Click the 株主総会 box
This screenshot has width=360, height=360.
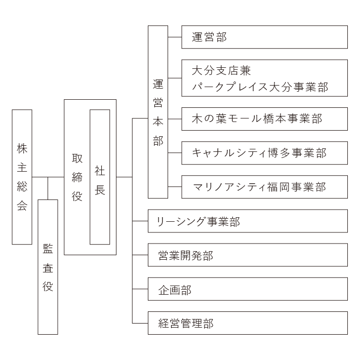tap(22, 177)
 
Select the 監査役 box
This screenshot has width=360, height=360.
tap(48, 267)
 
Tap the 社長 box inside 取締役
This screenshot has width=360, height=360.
tap(100, 177)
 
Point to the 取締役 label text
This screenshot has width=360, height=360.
tap(77, 178)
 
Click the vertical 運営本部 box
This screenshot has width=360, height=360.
tap(158, 112)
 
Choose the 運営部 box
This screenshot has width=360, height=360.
tap(265, 37)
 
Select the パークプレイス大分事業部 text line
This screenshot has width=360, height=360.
tap(260, 87)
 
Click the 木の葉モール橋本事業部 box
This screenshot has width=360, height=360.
tap(265, 119)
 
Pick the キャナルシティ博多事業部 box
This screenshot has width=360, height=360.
tap(265, 153)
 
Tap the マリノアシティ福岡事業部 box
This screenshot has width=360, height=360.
tap(265, 187)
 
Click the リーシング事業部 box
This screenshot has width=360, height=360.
tap(248, 221)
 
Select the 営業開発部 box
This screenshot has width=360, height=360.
tap(248, 255)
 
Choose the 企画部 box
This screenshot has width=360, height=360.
tap(248, 289)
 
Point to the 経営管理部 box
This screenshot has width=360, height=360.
tap(248, 323)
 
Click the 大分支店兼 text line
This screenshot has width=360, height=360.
tap(221, 70)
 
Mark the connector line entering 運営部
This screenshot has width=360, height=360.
tap(175, 37)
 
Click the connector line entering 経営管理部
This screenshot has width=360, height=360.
tap(140, 323)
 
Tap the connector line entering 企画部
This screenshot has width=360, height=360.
tap(140, 289)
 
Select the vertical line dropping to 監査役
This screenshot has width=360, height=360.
tap(48, 188)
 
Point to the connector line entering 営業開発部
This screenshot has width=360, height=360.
tap(140, 255)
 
